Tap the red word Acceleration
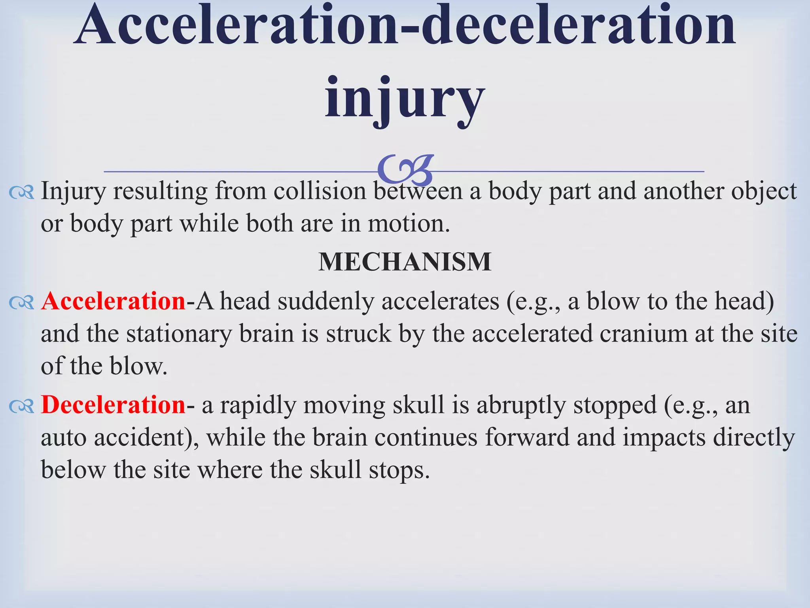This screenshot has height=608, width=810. coord(114,301)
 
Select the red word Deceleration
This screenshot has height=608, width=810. coord(114,405)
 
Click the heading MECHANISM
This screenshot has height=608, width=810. coord(405,262)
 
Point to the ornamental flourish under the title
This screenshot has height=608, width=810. coord(405,170)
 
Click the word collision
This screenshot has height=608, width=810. coord(320,191)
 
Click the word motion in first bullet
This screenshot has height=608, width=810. coord(409,224)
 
